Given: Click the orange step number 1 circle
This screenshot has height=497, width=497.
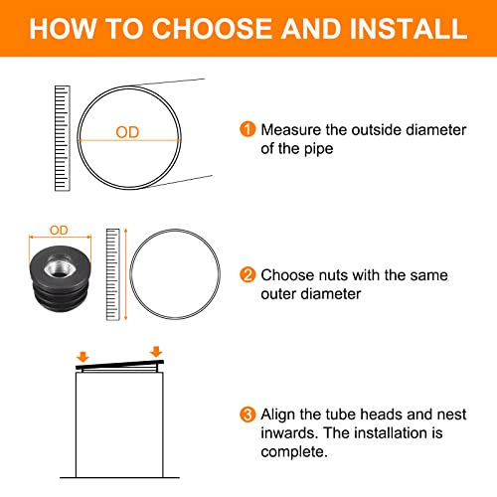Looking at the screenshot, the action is pos(248,129).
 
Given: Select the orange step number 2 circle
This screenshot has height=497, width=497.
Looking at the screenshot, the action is pos(248,274).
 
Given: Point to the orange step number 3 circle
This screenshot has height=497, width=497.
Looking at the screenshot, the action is pos(248,414).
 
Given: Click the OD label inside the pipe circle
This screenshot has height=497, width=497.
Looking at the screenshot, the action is pos(127,132).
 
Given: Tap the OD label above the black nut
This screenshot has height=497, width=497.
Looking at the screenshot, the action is pos(59,230).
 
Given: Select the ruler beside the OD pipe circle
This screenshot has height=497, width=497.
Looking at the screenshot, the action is pos(63,138).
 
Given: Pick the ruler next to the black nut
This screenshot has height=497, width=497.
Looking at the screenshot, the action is pos(112,274).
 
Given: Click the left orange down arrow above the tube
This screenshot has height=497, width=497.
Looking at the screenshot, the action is pos(83,357).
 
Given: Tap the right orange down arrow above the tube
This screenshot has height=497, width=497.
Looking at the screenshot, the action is pos(156,352).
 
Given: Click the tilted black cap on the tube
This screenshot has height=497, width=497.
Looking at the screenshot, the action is pos(119,365).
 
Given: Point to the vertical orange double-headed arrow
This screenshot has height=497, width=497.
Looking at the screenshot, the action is pos(125,274).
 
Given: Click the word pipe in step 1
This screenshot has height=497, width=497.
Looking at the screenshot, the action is pos(318,149).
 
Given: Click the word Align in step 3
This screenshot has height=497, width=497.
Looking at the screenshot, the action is pos(277,414).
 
